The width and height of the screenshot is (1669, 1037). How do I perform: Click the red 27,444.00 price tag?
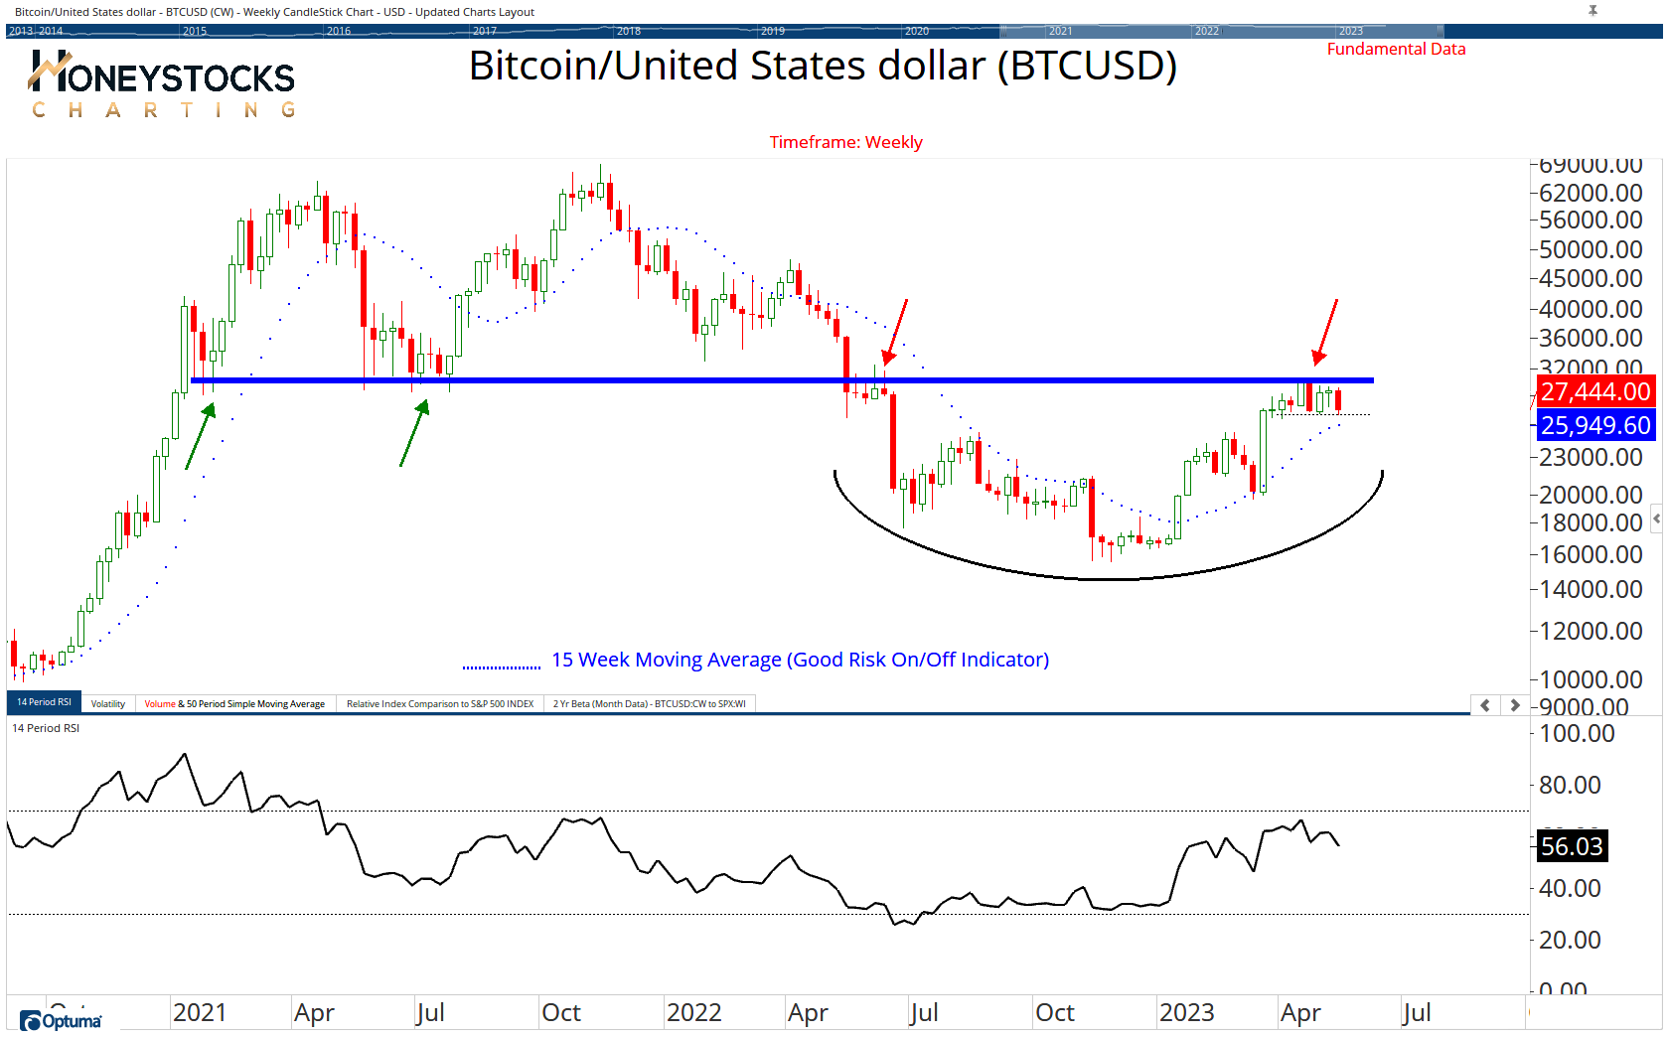(x=1595, y=392)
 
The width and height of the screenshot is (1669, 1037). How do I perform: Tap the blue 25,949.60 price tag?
(x=1595, y=426)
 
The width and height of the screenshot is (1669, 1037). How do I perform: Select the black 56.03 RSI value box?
(x=1571, y=846)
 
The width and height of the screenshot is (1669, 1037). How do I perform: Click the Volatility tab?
(x=108, y=704)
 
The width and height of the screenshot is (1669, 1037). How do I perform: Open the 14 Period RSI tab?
(x=44, y=702)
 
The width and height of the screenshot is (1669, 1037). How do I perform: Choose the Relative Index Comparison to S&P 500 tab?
(x=439, y=704)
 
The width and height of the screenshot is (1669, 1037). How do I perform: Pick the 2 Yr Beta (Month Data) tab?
(x=649, y=704)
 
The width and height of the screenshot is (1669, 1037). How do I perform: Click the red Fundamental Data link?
(x=1396, y=50)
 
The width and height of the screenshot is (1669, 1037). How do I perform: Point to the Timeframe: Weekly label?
(x=845, y=142)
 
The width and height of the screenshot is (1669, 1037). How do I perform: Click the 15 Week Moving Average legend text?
(x=800, y=660)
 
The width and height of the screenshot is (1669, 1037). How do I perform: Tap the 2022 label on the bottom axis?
(x=693, y=1013)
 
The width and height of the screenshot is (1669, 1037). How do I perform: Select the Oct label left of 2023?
(x=1054, y=1013)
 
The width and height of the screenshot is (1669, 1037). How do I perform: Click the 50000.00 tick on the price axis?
(x=1590, y=249)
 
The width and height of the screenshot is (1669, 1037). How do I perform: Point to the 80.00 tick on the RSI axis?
(x=1570, y=786)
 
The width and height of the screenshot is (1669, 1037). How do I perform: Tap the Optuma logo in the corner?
(x=62, y=1021)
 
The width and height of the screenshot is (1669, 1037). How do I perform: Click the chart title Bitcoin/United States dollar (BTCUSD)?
(x=823, y=67)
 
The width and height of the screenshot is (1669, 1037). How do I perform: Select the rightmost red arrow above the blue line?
(x=1326, y=332)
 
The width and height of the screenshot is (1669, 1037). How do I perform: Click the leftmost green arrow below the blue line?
(x=200, y=436)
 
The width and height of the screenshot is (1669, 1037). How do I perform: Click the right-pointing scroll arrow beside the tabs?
(x=1514, y=705)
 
